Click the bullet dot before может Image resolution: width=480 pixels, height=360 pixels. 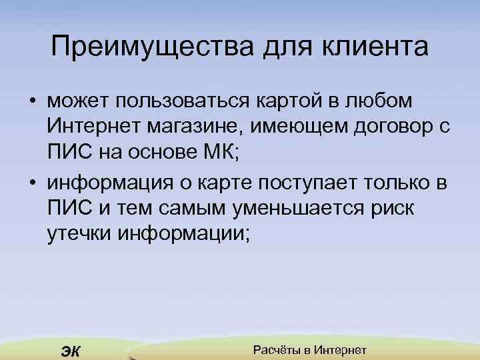(x=32, y=102)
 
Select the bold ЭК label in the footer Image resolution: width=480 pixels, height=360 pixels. (x=70, y=352)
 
